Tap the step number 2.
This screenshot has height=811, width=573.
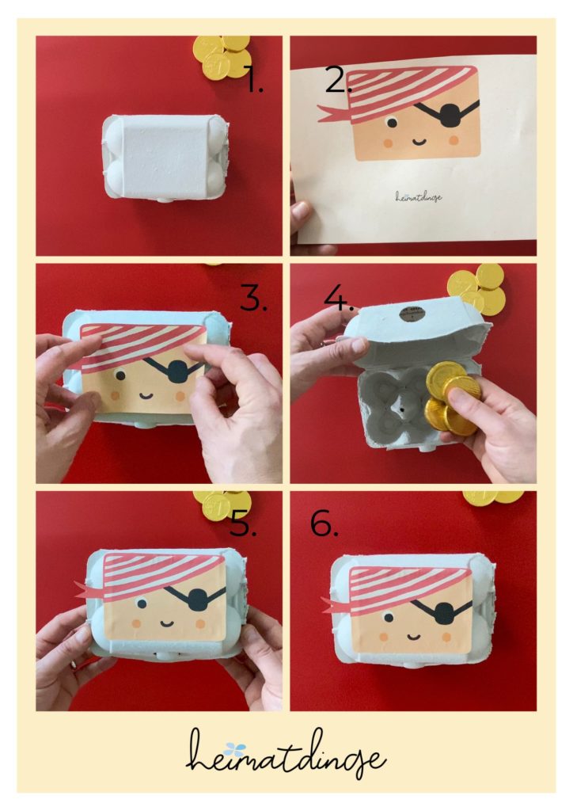click(x=339, y=82)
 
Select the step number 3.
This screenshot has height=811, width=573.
click(x=254, y=299)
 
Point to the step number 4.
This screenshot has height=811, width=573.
click(x=339, y=299)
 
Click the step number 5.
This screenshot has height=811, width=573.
click(x=243, y=524)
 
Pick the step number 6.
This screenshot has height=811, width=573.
click(x=324, y=524)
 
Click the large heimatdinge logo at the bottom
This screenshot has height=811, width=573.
click(x=286, y=755)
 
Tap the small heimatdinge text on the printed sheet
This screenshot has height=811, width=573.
click(x=419, y=196)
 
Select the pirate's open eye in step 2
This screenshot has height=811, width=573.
click(x=392, y=123)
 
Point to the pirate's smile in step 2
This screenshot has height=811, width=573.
click(x=419, y=141)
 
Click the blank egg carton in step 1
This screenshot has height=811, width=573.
click(x=166, y=157)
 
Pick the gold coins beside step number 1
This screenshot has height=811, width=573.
click(x=222, y=56)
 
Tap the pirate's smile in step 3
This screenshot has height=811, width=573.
click(x=146, y=396)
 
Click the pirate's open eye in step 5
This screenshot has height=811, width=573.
click(x=141, y=603)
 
